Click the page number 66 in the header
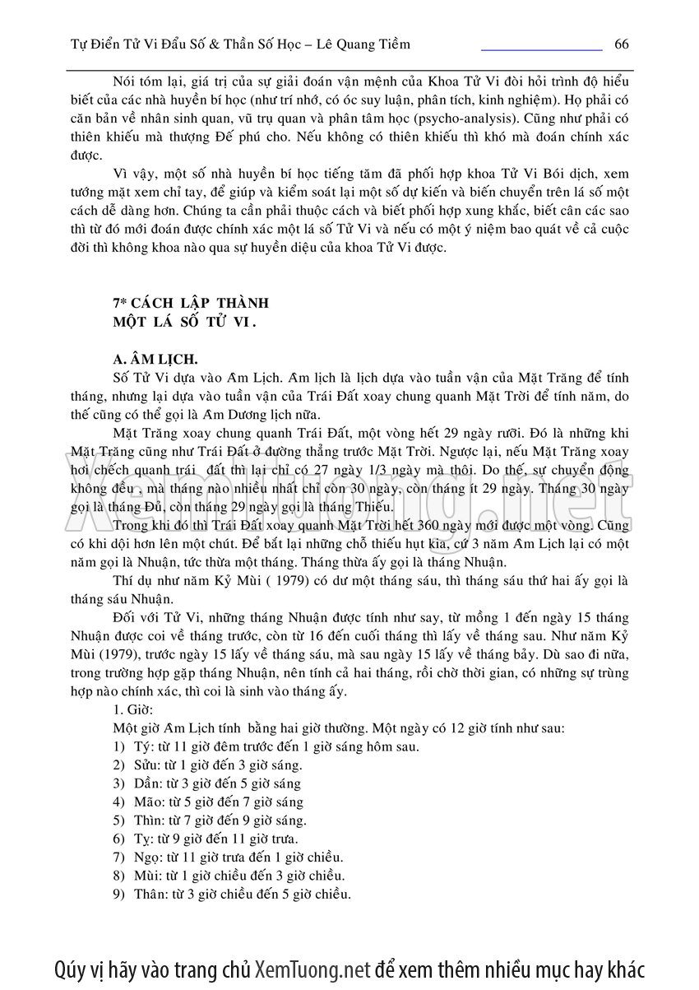[x=621, y=43]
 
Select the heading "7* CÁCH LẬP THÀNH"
[x=191, y=303]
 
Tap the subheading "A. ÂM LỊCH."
[x=155, y=360]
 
